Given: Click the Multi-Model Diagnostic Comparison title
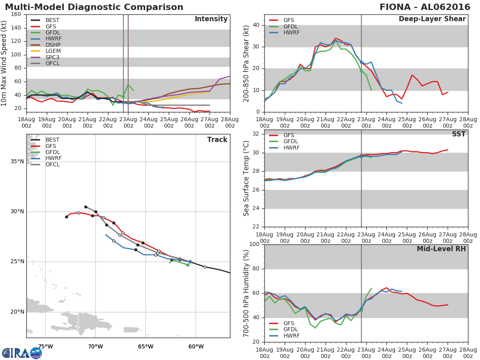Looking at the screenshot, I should [94, 7].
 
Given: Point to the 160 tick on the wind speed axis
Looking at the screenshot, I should [16, 14].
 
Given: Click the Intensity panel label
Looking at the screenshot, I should [211, 19].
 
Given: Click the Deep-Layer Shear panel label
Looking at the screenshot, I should [432, 19].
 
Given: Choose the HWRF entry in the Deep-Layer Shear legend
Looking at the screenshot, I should [291, 32].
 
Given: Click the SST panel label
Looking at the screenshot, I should [458, 134].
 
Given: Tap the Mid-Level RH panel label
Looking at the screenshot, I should [441, 249].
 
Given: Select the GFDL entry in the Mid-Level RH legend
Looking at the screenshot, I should [291, 329].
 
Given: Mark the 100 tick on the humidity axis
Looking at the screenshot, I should [254, 244].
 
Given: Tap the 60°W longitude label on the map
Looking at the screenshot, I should [196, 346].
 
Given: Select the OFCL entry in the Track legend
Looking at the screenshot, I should [52, 164].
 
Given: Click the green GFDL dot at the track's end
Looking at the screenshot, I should [188, 265].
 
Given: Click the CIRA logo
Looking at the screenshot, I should [22, 353].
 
